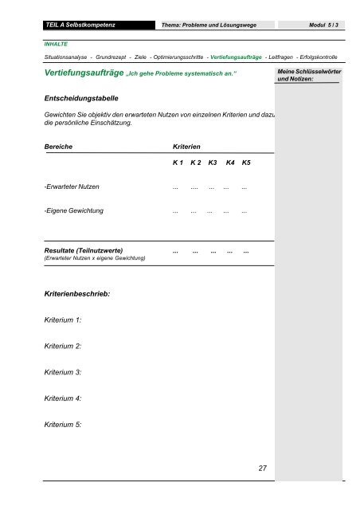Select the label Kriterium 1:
coord(63,320)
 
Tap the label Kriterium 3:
coord(63,372)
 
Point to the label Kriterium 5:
coord(63,425)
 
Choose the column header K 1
coord(178,163)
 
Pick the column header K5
coord(246,163)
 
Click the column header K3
coord(213,163)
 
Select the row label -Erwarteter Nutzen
coord(72,187)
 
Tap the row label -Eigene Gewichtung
coord(73,212)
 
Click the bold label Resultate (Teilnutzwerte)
coord(83,250)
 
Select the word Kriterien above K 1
coord(186,148)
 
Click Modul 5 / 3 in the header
coord(321,25)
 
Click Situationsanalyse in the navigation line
coord(65,59)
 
